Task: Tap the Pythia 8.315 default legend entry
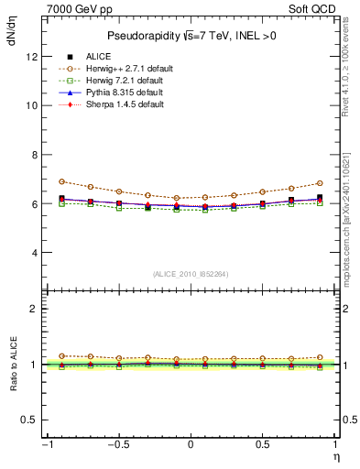118,93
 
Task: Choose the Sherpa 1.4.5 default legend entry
118,104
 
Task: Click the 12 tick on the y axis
33,56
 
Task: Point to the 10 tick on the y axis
33,105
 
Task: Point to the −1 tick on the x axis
47,444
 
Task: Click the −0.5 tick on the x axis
116,444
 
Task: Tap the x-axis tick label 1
334,444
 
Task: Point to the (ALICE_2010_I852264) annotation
191,274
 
